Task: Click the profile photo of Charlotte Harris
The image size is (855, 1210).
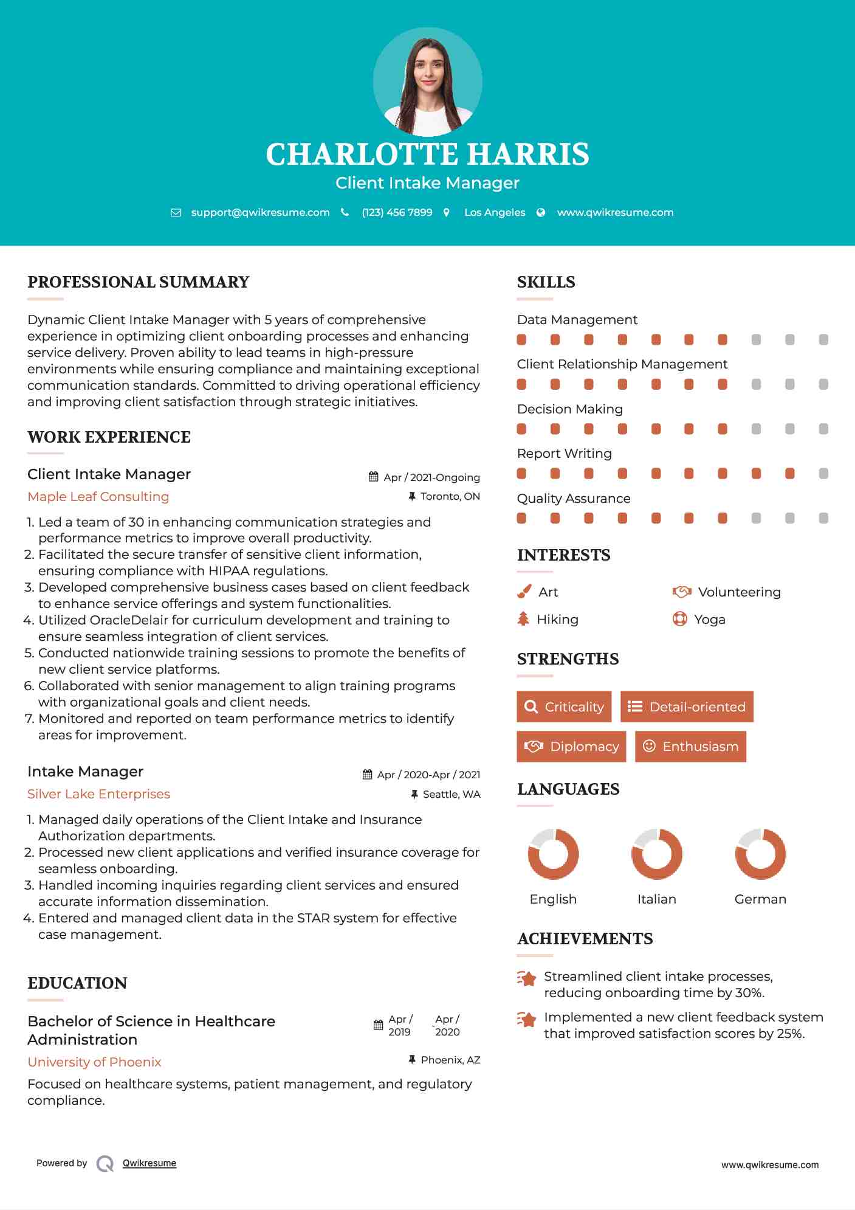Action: click(x=427, y=82)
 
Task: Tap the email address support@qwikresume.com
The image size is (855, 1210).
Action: click(x=260, y=212)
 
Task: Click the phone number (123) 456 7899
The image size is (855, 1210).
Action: click(x=397, y=212)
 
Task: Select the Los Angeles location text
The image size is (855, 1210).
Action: click(x=495, y=212)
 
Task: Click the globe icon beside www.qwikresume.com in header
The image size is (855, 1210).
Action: click(x=541, y=212)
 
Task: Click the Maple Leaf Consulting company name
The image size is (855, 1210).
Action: click(x=98, y=497)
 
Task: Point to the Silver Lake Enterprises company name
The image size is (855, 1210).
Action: click(x=98, y=794)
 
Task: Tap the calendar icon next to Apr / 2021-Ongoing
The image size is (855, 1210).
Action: click(x=374, y=477)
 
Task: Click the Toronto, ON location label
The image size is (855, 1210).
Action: click(x=450, y=497)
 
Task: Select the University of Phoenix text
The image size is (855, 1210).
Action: click(x=94, y=1062)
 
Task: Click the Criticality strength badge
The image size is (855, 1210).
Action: click(x=564, y=707)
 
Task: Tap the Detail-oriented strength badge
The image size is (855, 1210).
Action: click(x=687, y=707)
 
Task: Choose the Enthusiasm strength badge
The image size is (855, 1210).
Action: click(x=690, y=747)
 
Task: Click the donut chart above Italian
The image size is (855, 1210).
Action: click(x=657, y=854)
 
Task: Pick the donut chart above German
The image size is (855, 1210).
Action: click(x=760, y=854)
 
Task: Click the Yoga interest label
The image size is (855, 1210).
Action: click(x=710, y=620)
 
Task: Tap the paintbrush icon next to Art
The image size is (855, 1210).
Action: click(x=524, y=592)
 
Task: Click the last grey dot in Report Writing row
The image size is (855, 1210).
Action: click(x=823, y=474)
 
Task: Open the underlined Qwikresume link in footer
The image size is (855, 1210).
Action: click(x=149, y=1163)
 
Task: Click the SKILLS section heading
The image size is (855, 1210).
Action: click(x=546, y=282)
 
